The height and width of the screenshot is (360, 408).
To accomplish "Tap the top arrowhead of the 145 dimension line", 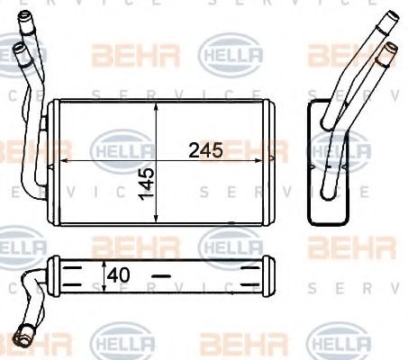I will click(157, 103).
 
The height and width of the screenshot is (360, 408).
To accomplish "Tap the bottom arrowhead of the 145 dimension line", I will click(157, 220).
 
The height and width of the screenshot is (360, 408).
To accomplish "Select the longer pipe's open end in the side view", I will click(390, 17).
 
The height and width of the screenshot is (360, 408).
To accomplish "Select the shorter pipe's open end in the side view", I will click(389, 45).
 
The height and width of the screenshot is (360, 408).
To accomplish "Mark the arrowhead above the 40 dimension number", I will click(106, 262).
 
